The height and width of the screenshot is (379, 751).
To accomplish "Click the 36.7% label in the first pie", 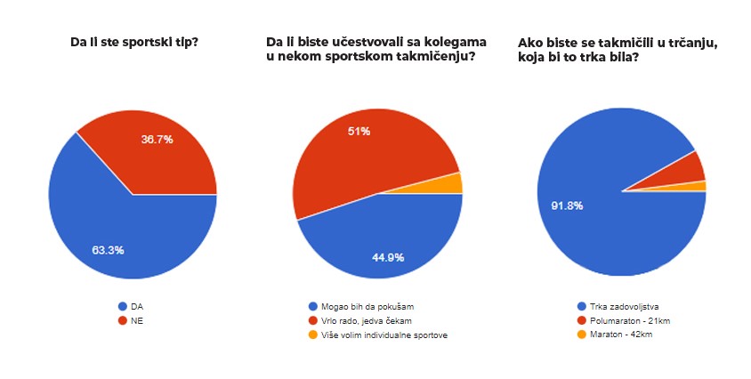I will [x=157, y=140].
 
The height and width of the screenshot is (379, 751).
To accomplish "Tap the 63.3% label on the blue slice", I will [x=108, y=250].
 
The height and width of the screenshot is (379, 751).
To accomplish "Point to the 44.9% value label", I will [x=388, y=258].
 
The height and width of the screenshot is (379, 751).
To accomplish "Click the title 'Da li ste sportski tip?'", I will [x=133, y=41].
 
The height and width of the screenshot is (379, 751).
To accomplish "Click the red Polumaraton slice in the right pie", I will [x=690, y=168].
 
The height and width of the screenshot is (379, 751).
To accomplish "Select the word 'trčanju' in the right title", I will [x=693, y=42].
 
